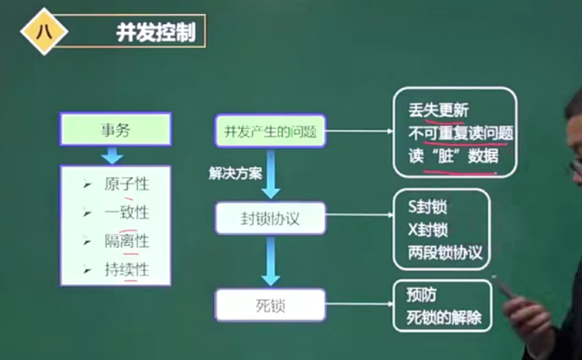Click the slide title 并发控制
click(x=155, y=32)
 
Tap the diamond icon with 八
click(x=45, y=31)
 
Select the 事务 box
click(x=115, y=129)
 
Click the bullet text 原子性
click(x=126, y=184)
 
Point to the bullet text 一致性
click(x=126, y=212)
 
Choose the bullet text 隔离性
click(x=126, y=241)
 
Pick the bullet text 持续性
click(x=126, y=270)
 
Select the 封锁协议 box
click(x=270, y=218)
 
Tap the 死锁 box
click(x=270, y=305)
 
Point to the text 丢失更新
click(x=438, y=110)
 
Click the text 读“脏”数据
click(x=453, y=156)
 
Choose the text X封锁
click(x=427, y=230)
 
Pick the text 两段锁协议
click(x=445, y=253)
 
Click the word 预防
click(x=424, y=295)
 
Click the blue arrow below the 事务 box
click(x=113, y=155)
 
